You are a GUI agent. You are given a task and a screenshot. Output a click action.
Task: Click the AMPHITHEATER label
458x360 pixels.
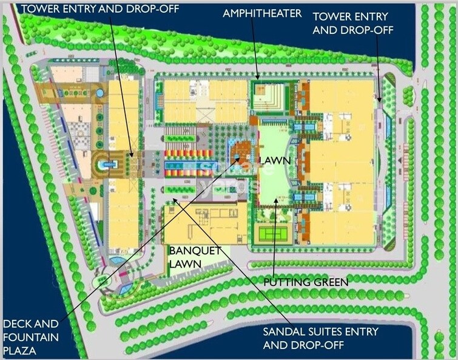pos(261,13)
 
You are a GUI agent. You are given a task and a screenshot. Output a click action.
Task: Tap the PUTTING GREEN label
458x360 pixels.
pos(306,282)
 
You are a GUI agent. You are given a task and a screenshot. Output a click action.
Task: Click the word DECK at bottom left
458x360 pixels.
pos(17,324)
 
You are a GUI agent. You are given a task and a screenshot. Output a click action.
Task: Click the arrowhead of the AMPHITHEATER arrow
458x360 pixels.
pos(258,78)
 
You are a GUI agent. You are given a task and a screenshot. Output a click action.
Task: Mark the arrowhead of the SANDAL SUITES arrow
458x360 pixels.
pos(173,199)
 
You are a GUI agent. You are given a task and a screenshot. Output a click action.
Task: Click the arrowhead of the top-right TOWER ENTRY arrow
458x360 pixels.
pos(380,100)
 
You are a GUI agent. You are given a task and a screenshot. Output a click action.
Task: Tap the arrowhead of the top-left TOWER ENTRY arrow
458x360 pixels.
pos(131,157)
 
